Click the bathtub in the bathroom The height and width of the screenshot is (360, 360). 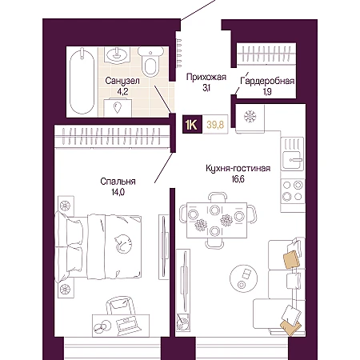click(x=82, y=82)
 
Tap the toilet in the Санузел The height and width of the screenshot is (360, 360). click(x=150, y=62)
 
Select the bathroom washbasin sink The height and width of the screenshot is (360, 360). click(x=117, y=55)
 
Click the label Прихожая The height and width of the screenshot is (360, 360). click(x=206, y=77)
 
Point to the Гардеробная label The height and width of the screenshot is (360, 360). click(x=267, y=81)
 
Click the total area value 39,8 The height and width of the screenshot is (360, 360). click(x=215, y=125)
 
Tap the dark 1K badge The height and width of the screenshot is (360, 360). click(x=192, y=124)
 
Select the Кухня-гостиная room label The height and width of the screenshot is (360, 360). click(x=238, y=168)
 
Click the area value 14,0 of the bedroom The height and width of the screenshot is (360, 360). click(x=118, y=192)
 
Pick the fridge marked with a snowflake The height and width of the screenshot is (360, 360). click(x=250, y=118)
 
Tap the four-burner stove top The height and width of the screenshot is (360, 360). click(x=293, y=190)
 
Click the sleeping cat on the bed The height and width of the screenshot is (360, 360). click(x=123, y=243)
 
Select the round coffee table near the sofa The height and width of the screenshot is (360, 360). click(x=243, y=278)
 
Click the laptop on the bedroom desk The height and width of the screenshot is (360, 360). click(x=127, y=325)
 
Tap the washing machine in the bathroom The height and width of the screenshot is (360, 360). click(x=118, y=107)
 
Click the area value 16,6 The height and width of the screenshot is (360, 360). click(x=238, y=179)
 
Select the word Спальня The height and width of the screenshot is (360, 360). click(x=118, y=182)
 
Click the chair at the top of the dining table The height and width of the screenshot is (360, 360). click(x=218, y=198)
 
